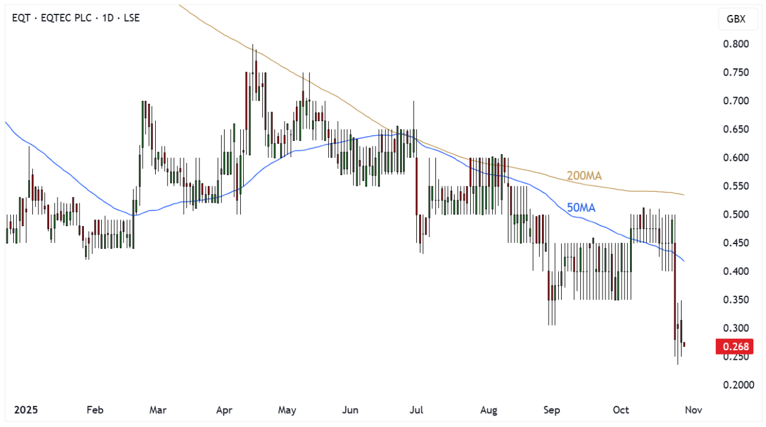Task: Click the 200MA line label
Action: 584,176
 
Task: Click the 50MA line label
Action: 581,208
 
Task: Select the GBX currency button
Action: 735,19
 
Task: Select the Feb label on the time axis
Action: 95,410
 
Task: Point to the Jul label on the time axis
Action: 416,410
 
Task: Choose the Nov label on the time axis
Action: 693,410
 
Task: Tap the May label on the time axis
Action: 287,410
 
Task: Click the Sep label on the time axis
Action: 552,410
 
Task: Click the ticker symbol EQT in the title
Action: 21,18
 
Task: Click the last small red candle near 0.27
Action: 685,344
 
